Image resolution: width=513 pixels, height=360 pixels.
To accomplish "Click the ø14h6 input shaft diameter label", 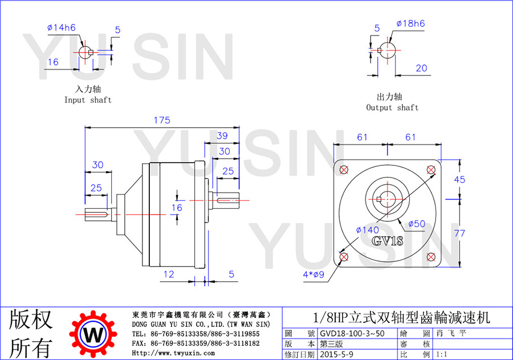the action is [x=62, y=27].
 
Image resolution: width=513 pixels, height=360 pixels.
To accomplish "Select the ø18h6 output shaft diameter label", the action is [x=410, y=23].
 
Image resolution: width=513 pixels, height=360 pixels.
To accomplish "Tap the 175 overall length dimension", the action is [x=162, y=120].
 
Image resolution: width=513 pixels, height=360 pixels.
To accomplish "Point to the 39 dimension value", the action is [x=222, y=136].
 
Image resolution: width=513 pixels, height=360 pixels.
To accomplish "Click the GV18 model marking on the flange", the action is [x=388, y=241].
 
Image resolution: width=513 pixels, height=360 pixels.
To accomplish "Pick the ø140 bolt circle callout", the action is [x=368, y=230].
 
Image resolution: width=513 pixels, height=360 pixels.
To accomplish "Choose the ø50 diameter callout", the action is [x=417, y=224].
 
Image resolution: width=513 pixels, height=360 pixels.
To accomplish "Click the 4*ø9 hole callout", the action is [x=313, y=274].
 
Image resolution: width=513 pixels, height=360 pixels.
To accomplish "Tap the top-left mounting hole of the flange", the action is [x=344, y=169].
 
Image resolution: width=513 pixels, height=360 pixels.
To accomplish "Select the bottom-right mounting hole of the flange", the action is [x=431, y=257].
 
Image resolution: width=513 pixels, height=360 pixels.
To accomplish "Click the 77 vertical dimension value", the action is [x=459, y=233].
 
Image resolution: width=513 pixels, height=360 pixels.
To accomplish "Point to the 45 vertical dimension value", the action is [x=459, y=180].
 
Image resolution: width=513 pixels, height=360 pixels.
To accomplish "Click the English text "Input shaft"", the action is [x=88, y=100].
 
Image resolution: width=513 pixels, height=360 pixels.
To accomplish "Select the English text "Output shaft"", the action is [x=392, y=107].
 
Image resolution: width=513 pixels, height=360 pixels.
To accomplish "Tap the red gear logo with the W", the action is [x=93, y=334].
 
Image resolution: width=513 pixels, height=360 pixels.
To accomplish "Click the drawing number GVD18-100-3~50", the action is [x=352, y=333].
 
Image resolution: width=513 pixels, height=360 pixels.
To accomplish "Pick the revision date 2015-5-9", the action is [x=336, y=354].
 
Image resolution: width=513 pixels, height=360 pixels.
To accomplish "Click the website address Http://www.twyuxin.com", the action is [x=173, y=353].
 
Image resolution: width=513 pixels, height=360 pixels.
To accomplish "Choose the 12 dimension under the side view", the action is [x=169, y=274].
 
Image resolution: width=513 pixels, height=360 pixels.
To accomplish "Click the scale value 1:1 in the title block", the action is [x=442, y=354].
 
